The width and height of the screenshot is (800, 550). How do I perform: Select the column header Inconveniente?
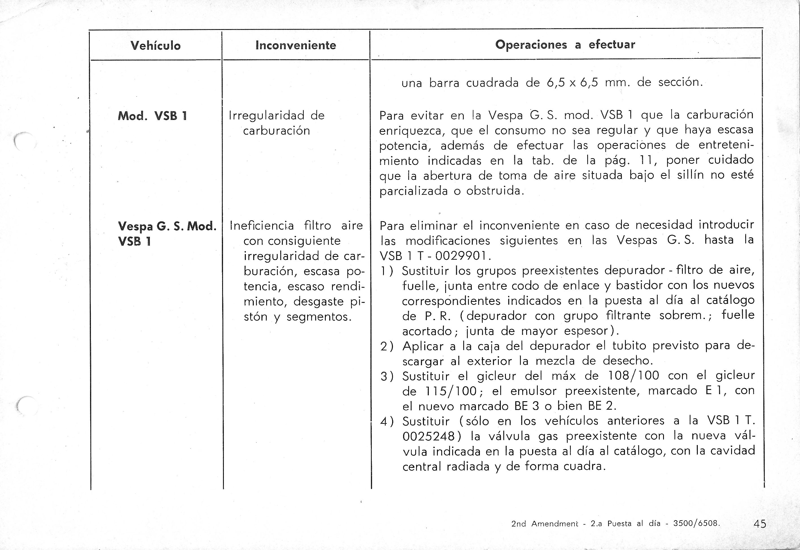[x=296, y=45]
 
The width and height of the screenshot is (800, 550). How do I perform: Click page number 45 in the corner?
[x=760, y=524]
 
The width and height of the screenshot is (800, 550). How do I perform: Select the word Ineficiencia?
[x=262, y=226]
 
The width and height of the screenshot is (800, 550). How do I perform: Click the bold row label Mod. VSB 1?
[x=152, y=116]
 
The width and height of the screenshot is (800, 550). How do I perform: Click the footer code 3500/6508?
[x=696, y=523]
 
